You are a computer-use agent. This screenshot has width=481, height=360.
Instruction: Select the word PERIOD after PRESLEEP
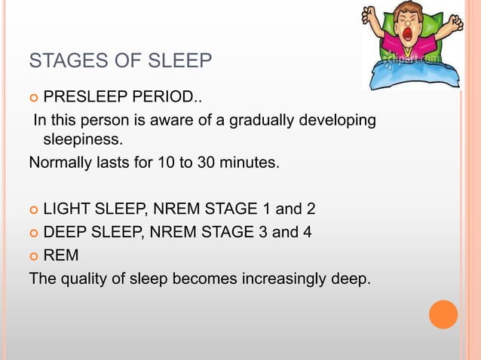click(x=167, y=98)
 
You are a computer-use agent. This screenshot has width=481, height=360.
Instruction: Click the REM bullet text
click(x=61, y=255)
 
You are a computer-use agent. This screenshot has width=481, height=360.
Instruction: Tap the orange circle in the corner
click(x=443, y=314)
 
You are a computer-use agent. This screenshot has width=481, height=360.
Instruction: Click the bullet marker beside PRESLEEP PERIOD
click(x=32, y=99)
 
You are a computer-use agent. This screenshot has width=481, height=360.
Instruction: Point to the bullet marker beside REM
click(x=32, y=256)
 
